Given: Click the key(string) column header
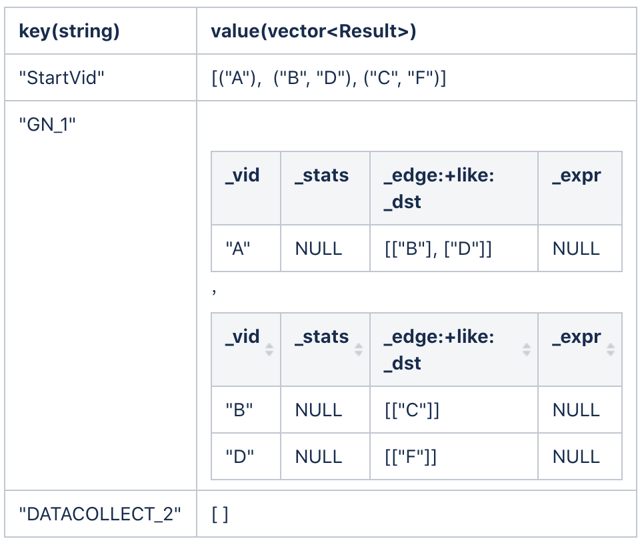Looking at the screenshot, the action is [x=69, y=31].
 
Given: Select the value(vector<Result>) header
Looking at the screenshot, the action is [x=313, y=31].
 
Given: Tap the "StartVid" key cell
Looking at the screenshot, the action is [x=61, y=77].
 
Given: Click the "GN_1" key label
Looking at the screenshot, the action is [x=47, y=124].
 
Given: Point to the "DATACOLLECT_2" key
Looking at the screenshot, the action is [x=100, y=514].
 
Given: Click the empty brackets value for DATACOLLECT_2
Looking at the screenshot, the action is [x=220, y=514].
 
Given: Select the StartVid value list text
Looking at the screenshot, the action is [x=329, y=77].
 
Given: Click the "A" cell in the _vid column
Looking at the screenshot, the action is [x=238, y=248].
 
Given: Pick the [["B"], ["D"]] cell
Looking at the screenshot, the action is [x=438, y=249].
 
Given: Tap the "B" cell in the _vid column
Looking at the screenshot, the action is [x=239, y=410].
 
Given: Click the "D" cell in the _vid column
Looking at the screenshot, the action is [x=240, y=456].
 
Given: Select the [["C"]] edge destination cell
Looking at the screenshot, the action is [x=412, y=410].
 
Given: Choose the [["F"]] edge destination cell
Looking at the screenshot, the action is [x=411, y=457].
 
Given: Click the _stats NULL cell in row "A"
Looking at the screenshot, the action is [x=319, y=249].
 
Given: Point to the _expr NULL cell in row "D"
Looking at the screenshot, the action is [x=576, y=457].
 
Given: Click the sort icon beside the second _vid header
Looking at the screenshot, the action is [x=269, y=350].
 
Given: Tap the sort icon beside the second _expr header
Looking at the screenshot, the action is [x=611, y=350].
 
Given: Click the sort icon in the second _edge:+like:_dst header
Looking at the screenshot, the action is [x=527, y=350].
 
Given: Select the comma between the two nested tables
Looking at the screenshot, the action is [x=214, y=292].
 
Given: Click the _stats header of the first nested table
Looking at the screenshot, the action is [x=321, y=175].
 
